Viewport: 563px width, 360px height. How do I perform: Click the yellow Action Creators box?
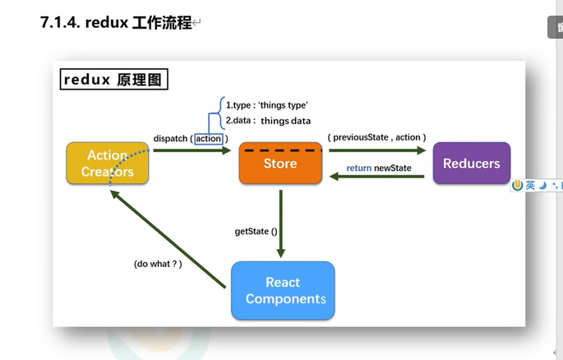[x=108, y=163]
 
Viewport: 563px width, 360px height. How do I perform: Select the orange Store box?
[x=280, y=163]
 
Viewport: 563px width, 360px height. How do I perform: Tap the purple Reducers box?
[x=471, y=163]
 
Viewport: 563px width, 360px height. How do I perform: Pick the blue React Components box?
[x=283, y=290]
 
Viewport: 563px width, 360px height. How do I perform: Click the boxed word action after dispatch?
[x=208, y=138]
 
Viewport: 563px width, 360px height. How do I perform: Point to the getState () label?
[x=256, y=231]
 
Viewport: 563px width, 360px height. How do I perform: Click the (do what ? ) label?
[x=158, y=264]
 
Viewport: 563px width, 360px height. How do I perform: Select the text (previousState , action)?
[x=376, y=137]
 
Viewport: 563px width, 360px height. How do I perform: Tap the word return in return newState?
[x=359, y=168]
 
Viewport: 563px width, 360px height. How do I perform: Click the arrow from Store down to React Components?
[x=281, y=222]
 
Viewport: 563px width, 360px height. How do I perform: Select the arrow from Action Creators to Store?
[x=191, y=151]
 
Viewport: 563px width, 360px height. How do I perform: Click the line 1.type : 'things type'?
[x=266, y=105]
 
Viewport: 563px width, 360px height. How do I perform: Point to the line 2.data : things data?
[x=268, y=120]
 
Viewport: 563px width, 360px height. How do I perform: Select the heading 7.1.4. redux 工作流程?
[x=115, y=22]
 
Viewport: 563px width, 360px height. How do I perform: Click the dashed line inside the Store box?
[x=280, y=151]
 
